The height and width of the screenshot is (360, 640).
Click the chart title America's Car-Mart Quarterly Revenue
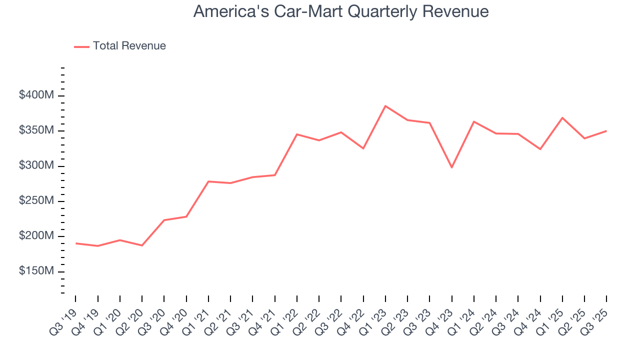(341, 11)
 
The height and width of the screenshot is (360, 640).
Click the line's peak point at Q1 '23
(385, 106)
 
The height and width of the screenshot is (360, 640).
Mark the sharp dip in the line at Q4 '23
(452, 167)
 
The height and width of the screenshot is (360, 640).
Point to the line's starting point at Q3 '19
(76, 243)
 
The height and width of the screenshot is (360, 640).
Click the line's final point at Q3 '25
(606, 131)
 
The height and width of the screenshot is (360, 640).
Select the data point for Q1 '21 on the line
(208, 181)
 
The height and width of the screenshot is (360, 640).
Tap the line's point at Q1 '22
(297, 134)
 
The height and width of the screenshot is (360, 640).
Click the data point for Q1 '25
(562, 118)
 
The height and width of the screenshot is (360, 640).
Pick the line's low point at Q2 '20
(142, 245)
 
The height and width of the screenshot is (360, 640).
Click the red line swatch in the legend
(81, 46)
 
